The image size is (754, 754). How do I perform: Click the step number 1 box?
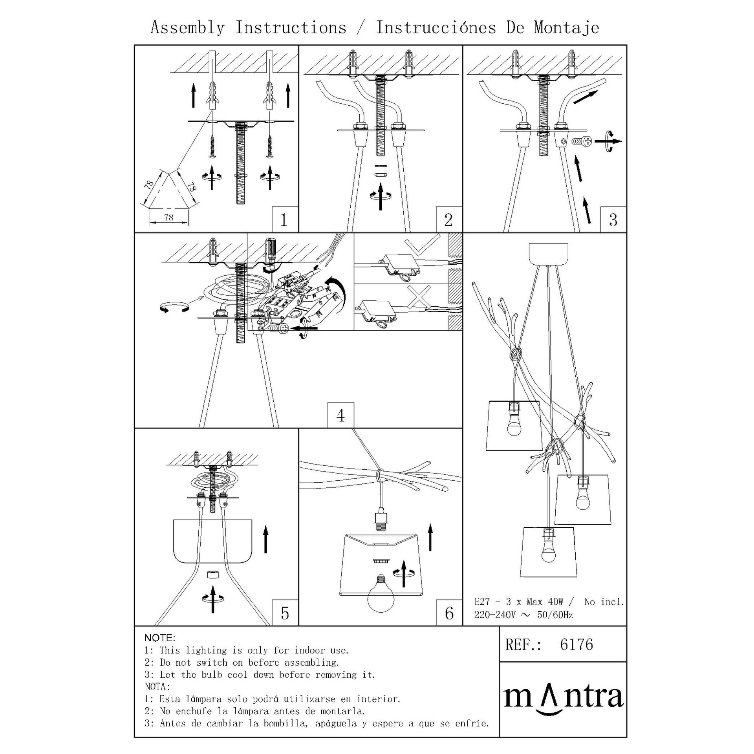(285, 220)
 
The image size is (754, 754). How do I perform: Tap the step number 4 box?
(340, 415)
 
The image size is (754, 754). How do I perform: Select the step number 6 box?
(449, 613)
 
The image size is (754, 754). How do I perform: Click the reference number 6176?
(576, 644)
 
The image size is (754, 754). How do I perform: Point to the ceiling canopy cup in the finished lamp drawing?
(549, 254)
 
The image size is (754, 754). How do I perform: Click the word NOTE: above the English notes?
(160, 638)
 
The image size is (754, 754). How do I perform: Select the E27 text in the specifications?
(482, 602)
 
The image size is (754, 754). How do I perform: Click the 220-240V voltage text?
(494, 615)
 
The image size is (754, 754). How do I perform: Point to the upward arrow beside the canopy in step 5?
(266, 540)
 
